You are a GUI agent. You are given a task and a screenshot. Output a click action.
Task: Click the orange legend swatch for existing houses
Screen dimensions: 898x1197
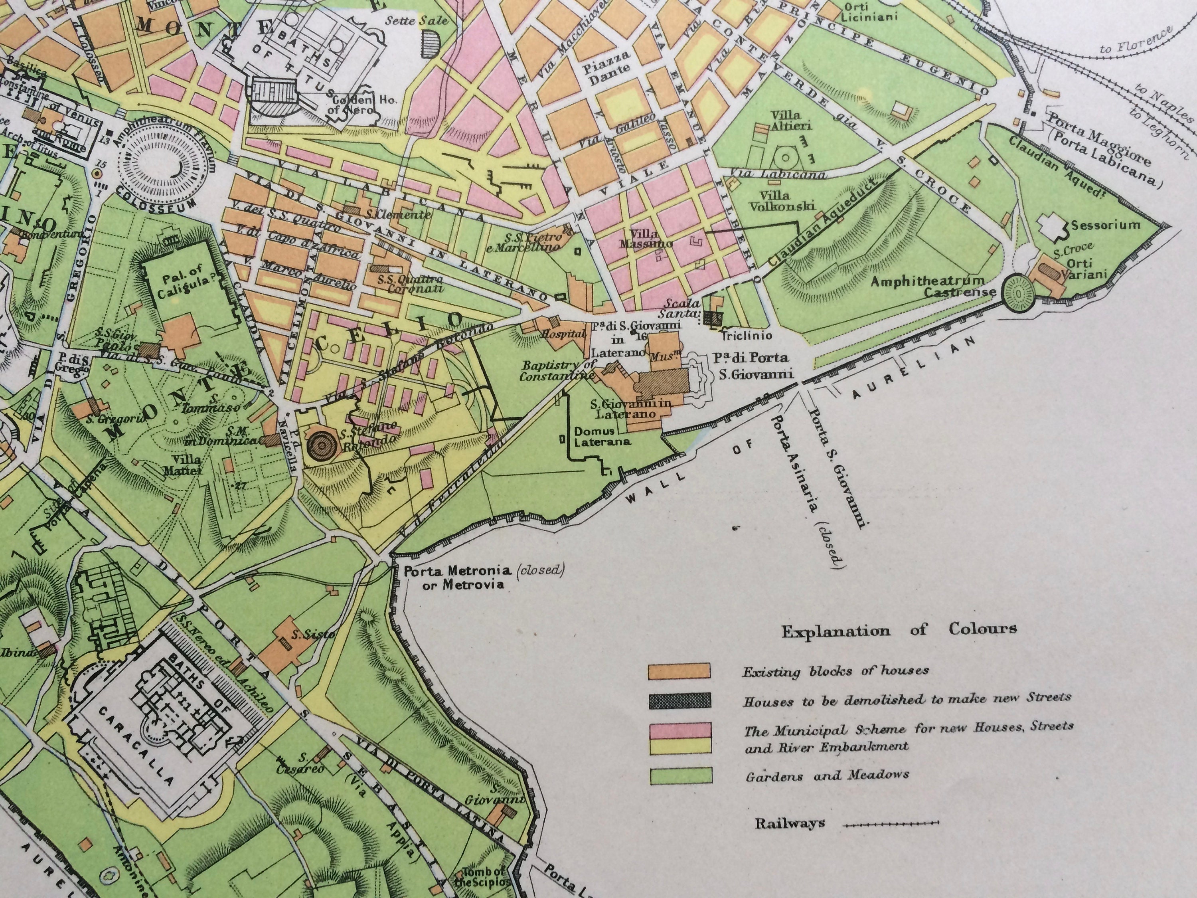679,671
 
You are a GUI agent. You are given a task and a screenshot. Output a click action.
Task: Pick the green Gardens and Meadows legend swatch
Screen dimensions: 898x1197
680,775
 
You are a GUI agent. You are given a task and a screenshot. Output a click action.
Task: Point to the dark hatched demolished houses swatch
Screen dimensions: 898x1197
679,700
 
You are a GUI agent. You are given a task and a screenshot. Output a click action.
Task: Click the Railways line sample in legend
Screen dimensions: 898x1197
891,824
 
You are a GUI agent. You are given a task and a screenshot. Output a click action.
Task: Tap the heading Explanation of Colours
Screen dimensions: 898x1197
898,629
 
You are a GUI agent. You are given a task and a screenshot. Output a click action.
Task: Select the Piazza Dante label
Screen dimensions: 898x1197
614,62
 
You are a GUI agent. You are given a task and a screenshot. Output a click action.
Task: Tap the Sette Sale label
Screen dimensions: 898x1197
417,21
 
